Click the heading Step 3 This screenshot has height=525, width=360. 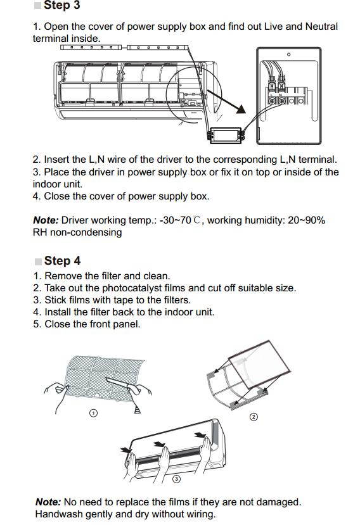pos(61,6)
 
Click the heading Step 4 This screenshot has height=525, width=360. pos(62,261)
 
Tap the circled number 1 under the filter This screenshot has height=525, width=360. pos(93,412)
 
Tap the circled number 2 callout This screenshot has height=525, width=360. pos(254,417)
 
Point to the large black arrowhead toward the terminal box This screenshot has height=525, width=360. pos(240,109)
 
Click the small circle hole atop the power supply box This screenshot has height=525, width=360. pos(289,55)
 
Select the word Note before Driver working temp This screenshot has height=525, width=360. pos(46,220)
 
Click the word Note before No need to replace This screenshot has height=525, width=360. pos(48,502)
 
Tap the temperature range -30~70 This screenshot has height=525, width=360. pos(175,220)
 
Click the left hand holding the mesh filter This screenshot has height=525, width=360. pos(57,388)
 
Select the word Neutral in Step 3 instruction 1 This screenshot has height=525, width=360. pos(321,27)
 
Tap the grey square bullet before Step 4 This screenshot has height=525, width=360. pos(38,262)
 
